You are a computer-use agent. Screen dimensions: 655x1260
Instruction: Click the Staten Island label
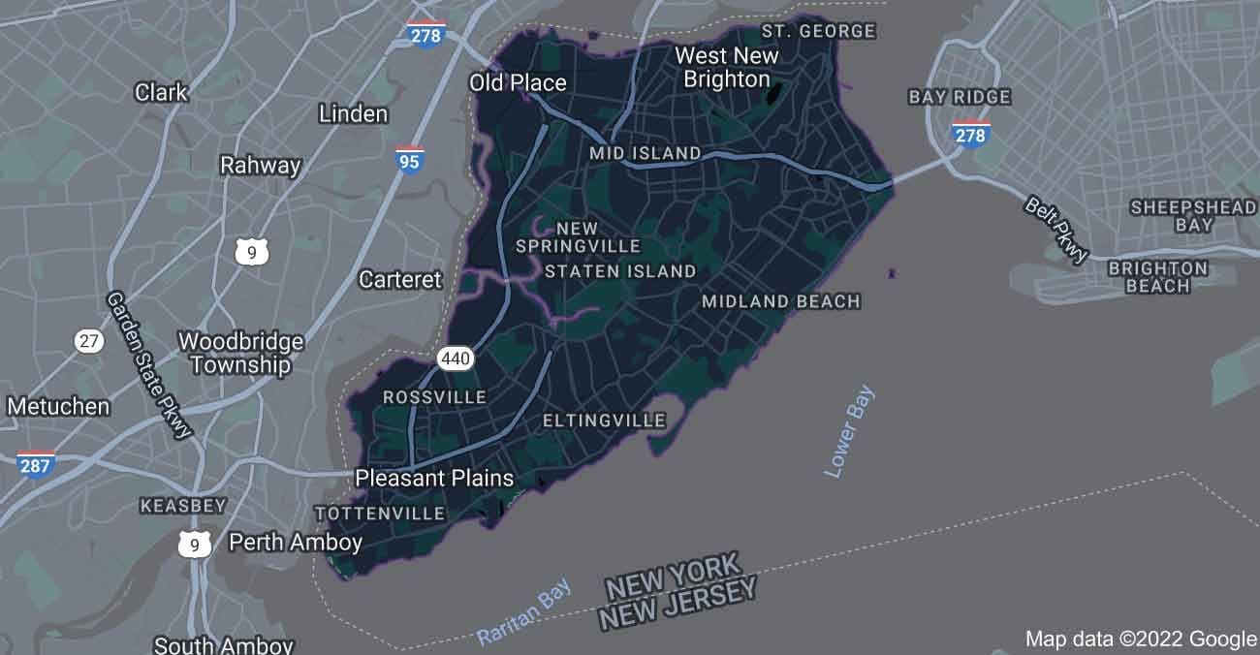620,271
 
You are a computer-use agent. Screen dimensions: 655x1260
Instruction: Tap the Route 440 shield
456,359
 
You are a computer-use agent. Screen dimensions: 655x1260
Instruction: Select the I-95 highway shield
409,160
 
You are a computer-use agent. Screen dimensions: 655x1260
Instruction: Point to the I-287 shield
36,464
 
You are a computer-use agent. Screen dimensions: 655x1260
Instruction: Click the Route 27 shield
89,340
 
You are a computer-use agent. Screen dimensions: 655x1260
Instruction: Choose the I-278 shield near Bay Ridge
970,134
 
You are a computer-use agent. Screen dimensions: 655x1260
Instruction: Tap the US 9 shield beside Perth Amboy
195,545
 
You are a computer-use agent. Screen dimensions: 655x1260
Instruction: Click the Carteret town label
400,279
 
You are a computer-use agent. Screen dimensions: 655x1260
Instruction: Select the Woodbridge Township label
240,354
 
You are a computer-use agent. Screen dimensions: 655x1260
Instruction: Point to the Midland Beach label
781,301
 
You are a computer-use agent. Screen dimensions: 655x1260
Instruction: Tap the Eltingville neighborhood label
604,421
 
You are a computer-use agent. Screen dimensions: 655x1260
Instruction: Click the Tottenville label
380,513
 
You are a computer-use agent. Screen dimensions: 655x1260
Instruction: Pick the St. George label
818,31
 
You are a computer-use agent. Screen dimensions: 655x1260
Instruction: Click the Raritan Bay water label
524,612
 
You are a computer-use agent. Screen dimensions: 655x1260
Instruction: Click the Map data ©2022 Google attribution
1141,639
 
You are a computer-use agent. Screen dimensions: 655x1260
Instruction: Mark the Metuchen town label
58,406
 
